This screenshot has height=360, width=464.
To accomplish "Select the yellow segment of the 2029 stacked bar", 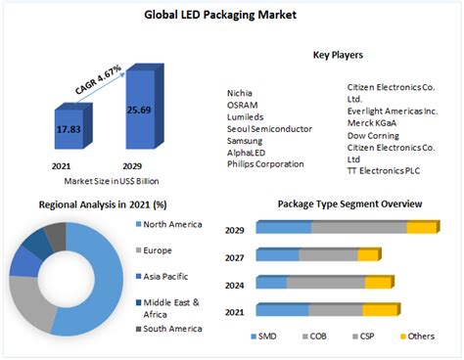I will coord(422,227).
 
